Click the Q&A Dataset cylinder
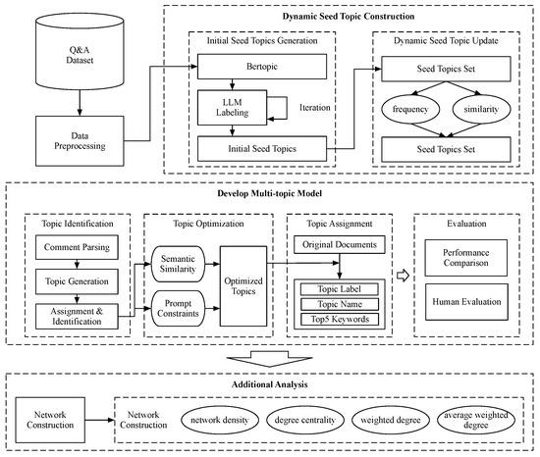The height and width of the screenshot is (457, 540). (x=80, y=52)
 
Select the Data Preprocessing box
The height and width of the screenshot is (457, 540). (x=80, y=141)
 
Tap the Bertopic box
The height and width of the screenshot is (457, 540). (x=262, y=67)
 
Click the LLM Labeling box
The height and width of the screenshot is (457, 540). (x=232, y=107)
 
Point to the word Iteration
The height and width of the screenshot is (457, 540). (x=315, y=108)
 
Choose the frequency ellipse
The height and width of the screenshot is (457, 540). (x=410, y=110)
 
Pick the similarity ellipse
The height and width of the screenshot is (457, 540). (x=481, y=110)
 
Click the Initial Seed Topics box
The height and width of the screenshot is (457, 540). (x=262, y=149)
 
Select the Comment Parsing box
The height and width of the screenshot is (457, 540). (x=77, y=247)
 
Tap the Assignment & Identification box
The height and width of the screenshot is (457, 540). (x=77, y=317)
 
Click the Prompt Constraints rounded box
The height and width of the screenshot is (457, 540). (x=178, y=309)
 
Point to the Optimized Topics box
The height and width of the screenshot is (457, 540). (x=243, y=286)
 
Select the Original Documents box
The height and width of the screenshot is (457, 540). (x=340, y=245)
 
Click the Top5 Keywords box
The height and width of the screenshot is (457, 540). (x=340, y=319)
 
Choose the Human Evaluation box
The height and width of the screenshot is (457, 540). (x=466, y=302)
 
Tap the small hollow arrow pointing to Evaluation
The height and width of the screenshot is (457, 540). (x=403, y=276)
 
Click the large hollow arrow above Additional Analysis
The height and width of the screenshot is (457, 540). (x=270, y=359)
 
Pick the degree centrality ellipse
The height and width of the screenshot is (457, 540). (x=305, y=420)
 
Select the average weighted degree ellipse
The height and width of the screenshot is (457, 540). (x=476, y=420)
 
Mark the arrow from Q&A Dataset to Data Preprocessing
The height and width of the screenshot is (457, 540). (x=80, y=103)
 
